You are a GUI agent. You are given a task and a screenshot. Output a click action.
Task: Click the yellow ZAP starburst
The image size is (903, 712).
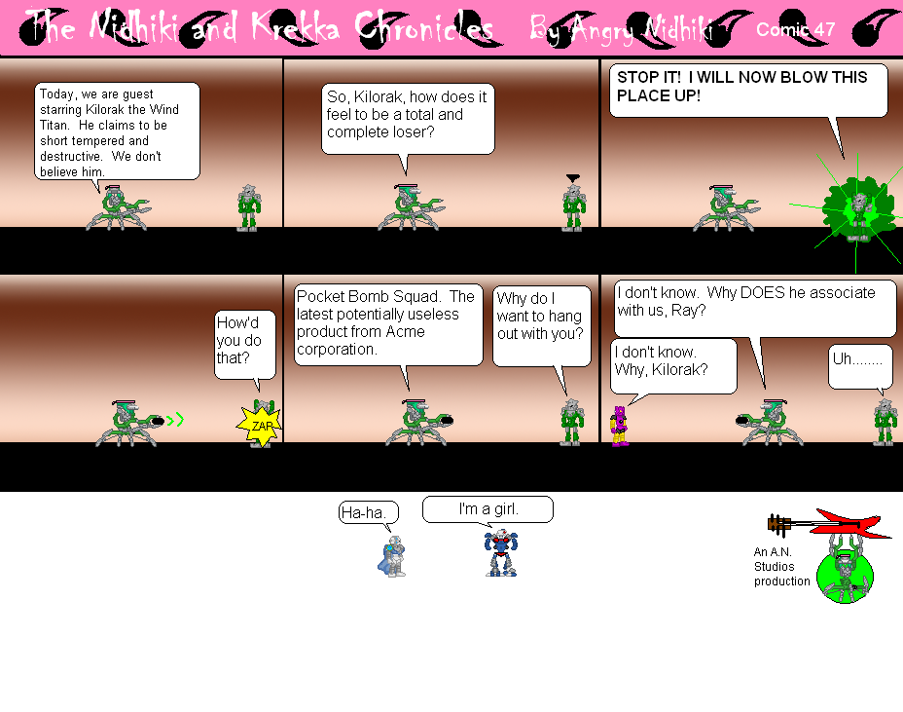coord(260,426)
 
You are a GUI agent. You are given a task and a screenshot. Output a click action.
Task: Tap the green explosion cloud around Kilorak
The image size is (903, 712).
coord(857,207)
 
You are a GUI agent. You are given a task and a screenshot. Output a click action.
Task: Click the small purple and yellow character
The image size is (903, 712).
coord(619,426)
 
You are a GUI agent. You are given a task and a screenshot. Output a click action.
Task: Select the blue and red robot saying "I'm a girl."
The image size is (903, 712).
coord(501,553)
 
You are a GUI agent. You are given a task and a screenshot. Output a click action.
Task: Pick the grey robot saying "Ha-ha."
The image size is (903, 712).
coord(392,556)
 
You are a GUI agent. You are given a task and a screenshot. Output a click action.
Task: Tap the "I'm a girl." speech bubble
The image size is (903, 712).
coord(488,509)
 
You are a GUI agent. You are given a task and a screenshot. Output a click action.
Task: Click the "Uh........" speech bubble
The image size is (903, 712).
coord(859,363)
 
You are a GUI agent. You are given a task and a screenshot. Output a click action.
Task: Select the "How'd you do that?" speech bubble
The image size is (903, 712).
coord(243,343)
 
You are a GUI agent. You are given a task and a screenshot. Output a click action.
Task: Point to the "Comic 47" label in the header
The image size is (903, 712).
coord(795,29)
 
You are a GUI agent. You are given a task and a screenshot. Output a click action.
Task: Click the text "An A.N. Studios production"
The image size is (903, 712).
coord(780,567)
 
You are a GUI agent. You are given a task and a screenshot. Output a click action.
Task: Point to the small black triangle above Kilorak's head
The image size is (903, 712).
coord(572,177)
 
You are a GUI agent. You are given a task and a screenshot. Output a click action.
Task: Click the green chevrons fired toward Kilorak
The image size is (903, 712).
coord(175,421)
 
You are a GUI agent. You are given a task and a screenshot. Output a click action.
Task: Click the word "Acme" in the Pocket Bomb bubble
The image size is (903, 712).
coord(405,331)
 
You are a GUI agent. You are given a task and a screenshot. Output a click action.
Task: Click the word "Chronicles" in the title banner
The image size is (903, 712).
coord(425,29)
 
